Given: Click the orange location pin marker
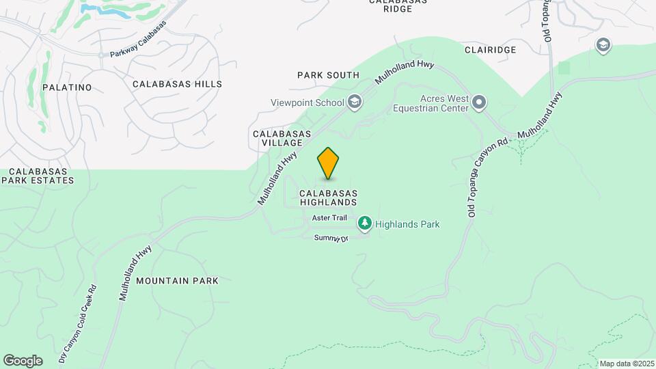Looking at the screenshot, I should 329,163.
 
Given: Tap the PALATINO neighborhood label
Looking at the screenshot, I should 67,87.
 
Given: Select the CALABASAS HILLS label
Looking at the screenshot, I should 177,84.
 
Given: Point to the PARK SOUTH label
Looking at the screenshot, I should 328,75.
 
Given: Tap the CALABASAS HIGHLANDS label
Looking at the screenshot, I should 328,197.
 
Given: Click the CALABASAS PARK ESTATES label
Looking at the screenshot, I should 37,176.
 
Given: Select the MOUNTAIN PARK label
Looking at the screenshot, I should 177,281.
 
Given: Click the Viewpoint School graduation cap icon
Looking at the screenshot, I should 354,103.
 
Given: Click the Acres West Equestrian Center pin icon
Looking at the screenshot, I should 479,103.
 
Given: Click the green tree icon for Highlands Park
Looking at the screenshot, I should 365,223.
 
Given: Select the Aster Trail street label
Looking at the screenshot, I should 329,218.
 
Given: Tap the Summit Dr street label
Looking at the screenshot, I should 331,238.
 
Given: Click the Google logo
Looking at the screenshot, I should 23,361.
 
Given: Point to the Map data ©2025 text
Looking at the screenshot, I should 627,364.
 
